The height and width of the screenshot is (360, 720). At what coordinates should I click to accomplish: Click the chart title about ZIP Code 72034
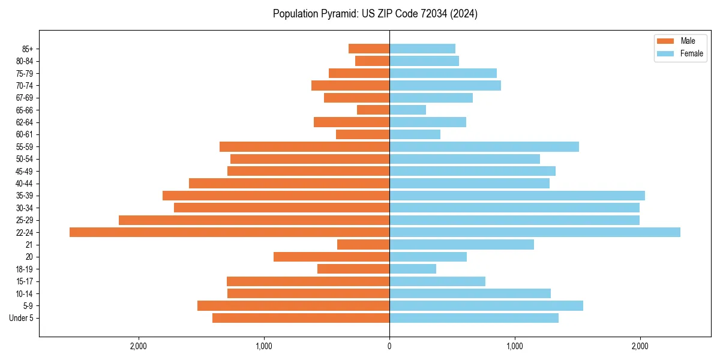[375, 14]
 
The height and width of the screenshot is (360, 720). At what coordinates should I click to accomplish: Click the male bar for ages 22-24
[229, 232]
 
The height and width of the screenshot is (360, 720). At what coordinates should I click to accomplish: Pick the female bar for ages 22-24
[535, 232]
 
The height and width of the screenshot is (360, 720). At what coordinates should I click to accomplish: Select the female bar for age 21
[461, 244]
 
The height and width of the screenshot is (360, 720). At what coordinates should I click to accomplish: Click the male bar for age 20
[331, 257]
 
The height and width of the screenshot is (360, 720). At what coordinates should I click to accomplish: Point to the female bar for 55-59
[484, 146]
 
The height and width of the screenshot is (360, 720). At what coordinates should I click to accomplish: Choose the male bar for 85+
[369, 49]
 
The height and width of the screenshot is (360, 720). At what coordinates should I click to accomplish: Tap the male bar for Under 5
[301, 318]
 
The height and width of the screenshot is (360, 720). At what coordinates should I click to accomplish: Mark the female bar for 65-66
[407, 110]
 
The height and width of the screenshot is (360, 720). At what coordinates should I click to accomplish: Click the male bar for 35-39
[276, 196]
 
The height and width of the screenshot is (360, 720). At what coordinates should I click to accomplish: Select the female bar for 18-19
[413, 269]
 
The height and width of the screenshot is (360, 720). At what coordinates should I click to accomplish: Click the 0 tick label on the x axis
[389, 346]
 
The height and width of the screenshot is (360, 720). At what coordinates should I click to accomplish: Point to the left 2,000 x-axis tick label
[139, 346]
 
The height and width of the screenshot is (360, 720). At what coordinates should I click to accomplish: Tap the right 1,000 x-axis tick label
[514, 346]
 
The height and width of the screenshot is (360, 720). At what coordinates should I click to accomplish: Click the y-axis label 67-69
[25, 98]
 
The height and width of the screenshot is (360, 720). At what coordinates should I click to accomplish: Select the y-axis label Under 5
[22, 318]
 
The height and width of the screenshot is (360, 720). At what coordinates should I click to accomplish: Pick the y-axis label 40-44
[25, 184]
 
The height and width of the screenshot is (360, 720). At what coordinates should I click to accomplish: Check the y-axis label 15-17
[25, 281]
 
